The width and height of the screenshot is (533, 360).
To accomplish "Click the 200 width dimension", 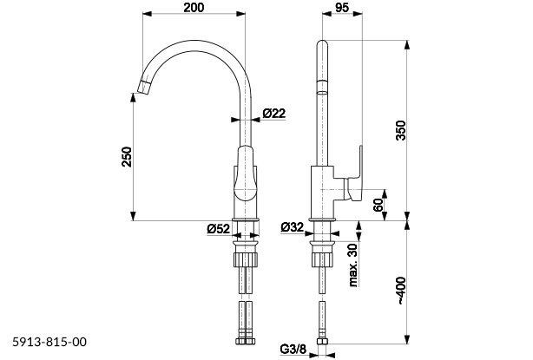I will click(x=194, y=7).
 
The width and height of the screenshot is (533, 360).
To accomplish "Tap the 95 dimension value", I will click(x=339, y=7).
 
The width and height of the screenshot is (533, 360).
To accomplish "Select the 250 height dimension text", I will click(x=127, y=157).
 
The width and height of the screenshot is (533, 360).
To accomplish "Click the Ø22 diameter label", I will click(x=274, y=113).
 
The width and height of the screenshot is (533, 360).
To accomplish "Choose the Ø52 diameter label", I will click(x=218, y=229).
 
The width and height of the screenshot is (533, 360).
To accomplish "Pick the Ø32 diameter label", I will click(x=293, y=229).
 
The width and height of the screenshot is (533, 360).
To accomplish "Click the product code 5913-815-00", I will click(x=50, y=344).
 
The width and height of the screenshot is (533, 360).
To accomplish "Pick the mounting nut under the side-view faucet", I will click(x=320, y=259).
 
